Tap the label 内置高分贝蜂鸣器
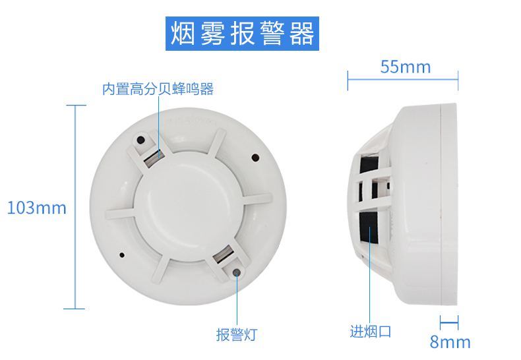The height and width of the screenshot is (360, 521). [158, 89]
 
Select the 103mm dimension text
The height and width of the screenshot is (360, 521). [37, 208]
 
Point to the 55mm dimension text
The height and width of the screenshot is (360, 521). [405, 67]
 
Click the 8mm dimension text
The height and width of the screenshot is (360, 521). [450, 342]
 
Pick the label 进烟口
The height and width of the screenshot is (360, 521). [371, 331]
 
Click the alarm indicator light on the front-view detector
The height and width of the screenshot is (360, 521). [236, 271]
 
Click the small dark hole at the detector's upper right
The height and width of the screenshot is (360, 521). [255, 158]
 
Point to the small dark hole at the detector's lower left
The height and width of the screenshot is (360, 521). [121, 255]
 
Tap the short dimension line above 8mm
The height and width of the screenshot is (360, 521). [449, 322]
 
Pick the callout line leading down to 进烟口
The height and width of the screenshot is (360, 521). [370, 277]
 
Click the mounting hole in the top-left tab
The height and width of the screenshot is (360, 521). [141, 140]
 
